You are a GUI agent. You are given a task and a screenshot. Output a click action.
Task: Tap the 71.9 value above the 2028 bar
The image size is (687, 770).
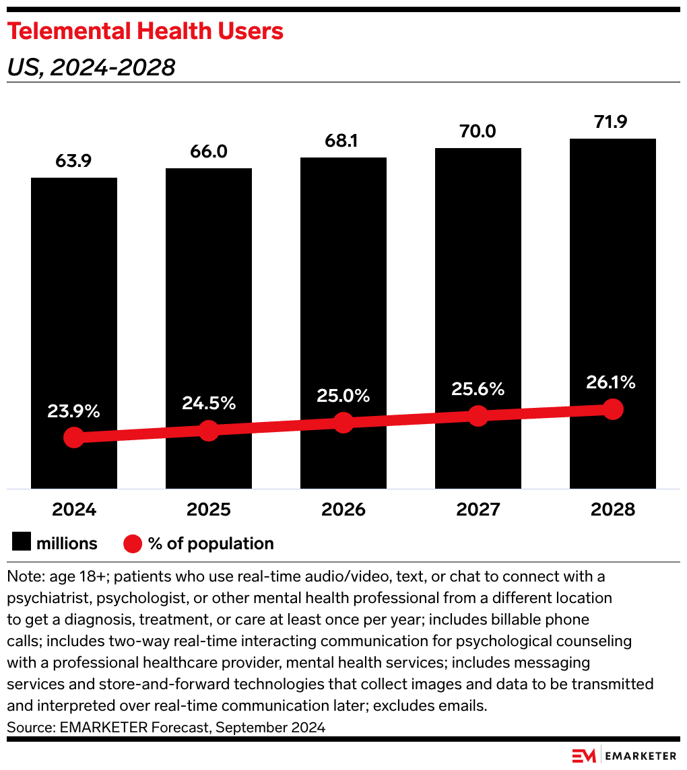tap(612, 123)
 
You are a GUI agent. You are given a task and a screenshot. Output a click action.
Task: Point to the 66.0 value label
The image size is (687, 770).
tap(209, 152)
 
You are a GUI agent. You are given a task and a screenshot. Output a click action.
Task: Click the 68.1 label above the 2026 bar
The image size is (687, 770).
tap(343, 142)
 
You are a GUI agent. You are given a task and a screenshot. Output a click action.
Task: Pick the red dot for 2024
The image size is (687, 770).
tap(74, 438)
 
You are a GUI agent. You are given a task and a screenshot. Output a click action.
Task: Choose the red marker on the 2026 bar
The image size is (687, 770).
tap(343, 423)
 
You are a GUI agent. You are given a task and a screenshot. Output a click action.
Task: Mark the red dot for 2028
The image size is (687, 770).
tap(612, 409)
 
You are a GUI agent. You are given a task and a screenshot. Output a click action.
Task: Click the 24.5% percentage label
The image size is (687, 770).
tap(209, 403)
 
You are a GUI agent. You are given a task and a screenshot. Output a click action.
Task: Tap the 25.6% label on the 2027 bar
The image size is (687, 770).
tap(478, 388)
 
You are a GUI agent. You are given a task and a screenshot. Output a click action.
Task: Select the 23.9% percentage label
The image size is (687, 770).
tap(74, 411)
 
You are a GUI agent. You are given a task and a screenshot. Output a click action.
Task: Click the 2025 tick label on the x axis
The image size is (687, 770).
tap(209, 510)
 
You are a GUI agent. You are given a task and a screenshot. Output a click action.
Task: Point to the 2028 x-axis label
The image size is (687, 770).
tap(612, 510)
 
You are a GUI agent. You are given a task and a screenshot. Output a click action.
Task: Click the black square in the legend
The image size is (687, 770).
tap(22, 543)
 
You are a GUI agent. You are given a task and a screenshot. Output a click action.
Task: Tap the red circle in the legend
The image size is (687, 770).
tap(133, 543)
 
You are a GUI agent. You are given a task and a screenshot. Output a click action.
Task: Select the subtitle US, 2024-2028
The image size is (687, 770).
tap(91, 67)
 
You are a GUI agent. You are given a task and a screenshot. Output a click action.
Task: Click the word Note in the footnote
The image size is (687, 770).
tap(22, 577)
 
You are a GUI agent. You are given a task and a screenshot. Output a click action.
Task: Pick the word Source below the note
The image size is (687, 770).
tap(30, 727)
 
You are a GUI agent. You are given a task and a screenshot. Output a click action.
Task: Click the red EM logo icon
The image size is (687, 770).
tap(584, 756)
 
